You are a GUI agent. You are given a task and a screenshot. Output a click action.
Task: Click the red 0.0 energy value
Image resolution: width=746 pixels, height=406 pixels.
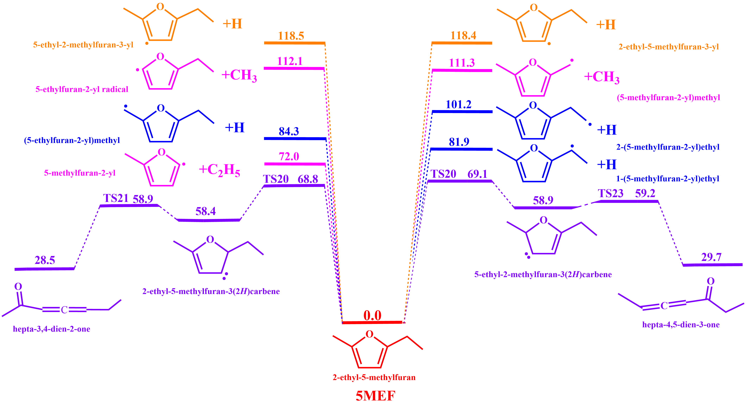coord(372,315)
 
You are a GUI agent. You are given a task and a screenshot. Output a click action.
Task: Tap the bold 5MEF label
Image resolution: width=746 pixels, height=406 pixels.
coord(375,396)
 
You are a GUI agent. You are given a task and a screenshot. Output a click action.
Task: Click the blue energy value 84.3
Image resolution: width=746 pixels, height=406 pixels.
coord(289,132)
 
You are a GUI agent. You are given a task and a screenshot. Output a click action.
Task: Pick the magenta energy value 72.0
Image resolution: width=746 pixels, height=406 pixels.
coord(289,157)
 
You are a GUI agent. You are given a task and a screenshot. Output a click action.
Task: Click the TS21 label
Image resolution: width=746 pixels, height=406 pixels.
coord(116,198)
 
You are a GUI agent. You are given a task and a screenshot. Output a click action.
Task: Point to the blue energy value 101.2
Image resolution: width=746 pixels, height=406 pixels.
coord(458,105)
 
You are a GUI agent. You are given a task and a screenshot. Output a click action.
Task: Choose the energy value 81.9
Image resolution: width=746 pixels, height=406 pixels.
coord(459,142)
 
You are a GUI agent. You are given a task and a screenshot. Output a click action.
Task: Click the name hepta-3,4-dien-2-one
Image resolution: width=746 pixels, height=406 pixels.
coord(52,329)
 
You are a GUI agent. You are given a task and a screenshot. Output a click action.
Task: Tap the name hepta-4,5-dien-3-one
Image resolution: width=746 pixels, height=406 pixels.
coord(681,325)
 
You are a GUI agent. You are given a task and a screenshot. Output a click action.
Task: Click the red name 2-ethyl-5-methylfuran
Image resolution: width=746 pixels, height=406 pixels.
coord(374,377)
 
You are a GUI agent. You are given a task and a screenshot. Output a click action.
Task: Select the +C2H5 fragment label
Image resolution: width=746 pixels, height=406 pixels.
coord(219,170)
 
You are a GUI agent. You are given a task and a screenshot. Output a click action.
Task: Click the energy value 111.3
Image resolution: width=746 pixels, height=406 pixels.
coord(462,63)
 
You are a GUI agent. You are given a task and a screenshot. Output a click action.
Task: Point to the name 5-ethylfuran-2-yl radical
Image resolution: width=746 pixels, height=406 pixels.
coord(82,89)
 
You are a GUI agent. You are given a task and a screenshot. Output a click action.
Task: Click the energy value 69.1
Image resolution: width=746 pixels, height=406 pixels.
coord(477,174)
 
